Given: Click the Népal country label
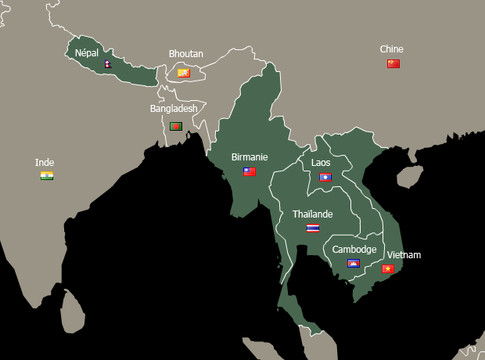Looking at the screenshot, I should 87,52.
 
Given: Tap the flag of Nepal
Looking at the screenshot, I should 107,63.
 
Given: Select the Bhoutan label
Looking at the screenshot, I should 186,54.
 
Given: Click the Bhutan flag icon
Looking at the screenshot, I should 184,73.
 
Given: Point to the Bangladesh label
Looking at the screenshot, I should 174,109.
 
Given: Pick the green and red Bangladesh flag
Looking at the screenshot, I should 176,126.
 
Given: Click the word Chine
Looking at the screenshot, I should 392,49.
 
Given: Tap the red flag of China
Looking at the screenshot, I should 393,63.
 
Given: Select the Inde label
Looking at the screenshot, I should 45,163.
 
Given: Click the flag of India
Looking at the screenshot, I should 47,175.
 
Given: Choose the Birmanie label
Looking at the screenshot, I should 250,157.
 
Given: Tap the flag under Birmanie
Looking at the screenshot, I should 250,171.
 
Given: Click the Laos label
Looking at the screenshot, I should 321,163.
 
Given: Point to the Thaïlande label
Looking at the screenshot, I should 313,214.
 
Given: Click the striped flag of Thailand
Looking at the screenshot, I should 313,229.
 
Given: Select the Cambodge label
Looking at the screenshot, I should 354,250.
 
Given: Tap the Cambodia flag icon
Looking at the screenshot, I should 354,264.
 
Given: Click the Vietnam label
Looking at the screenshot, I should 404,255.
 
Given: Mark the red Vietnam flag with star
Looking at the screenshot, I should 387,268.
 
